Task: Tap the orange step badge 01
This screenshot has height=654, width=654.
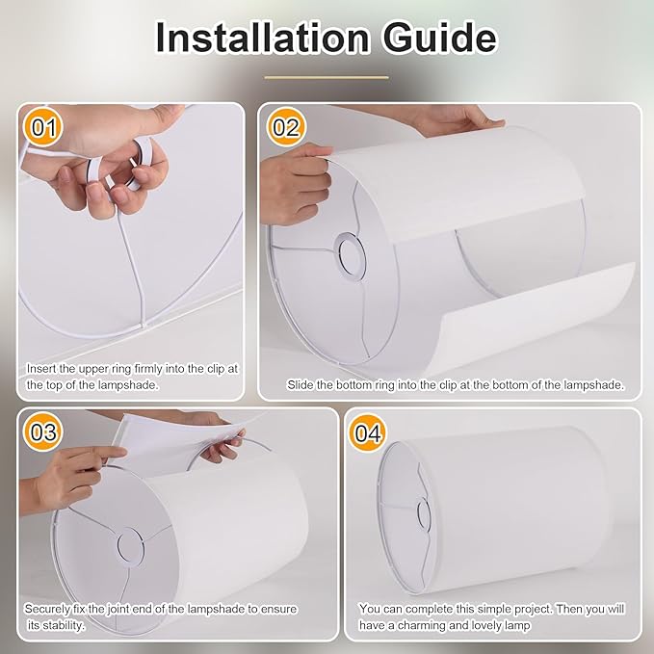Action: (x=42, y=127)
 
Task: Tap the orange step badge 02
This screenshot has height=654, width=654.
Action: (x=286, y=127)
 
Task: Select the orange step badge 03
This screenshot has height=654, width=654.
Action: (x=42, y=432)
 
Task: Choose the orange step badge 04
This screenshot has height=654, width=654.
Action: (x=368, y=432)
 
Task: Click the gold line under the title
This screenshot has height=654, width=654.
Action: (x=327, y=77)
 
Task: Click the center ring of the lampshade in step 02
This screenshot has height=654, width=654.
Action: (x=352, y=252)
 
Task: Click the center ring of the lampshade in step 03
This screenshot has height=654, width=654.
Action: (x=132, y=545)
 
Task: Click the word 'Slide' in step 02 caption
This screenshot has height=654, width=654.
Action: (x=302, y=384)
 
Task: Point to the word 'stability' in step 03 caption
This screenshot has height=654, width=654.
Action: (x=59, y=625)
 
